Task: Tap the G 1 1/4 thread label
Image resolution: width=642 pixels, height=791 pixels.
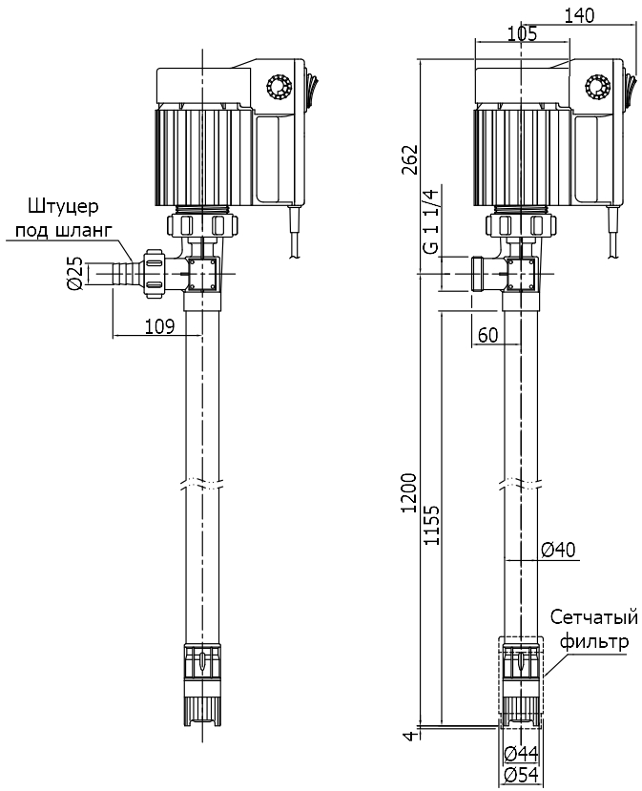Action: pyautogui.click(x=429, y=219)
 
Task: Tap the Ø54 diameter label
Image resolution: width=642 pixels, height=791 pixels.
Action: pyautogui.click(x=522, y=775)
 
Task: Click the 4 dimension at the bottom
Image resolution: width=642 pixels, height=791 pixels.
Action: pyautogui.click(x=409, y=736)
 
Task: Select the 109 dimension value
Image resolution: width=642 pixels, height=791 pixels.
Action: pyautogui.click(x=159, y=326)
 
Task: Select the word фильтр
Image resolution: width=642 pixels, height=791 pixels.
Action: pyautogui.click(x=595, y=641)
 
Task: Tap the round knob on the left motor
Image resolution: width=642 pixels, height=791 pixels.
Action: pyautogui.click(x=280, y=88)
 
